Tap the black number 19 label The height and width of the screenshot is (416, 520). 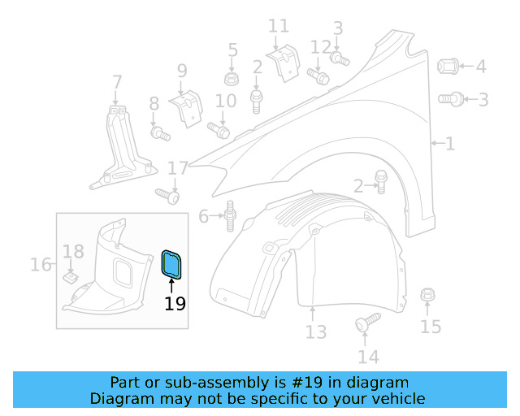tap(175, 304)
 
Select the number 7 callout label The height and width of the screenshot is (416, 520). tap(117, 82)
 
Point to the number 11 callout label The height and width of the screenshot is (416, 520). tap(278, 27)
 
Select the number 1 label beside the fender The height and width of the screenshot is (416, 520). tap(449, 144)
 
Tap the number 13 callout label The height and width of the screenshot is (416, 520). tap(315, 331)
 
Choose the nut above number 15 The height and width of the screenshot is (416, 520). tap(428, 296)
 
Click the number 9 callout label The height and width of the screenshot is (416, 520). tap(181, 71)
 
